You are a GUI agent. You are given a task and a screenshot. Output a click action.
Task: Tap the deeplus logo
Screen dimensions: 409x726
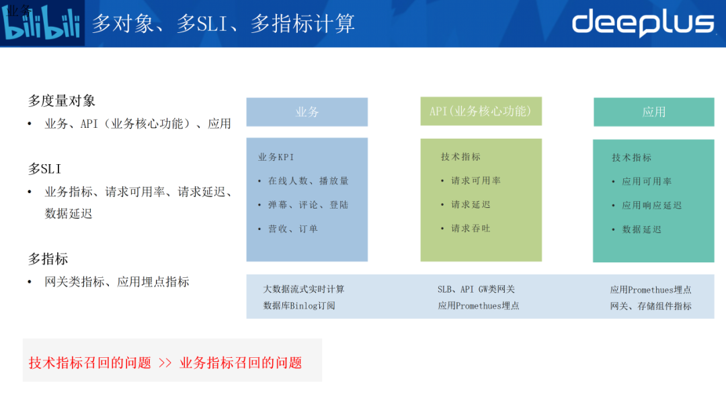(x=642, y=23)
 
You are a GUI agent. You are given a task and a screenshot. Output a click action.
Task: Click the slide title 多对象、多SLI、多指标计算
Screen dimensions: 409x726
(x=223, y=24)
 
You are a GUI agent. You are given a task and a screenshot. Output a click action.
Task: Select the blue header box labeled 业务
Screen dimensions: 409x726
(x=307, y=112)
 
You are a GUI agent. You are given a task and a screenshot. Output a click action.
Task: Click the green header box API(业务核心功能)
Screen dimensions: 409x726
(x=481, y=111)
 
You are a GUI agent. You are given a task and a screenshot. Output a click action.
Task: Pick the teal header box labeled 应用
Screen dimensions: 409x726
(x=653, y=112)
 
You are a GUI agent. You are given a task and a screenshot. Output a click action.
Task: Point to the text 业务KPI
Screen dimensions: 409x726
(x=276, y=157)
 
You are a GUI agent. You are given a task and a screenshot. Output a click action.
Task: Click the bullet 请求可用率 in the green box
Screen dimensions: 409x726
(x=475, y=180)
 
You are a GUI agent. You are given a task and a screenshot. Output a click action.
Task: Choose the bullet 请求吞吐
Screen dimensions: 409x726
(x=471, y=228)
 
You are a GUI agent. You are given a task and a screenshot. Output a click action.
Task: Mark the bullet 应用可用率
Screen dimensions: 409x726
(x=647, y=181)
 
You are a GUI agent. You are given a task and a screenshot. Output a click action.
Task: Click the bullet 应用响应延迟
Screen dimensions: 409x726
(x=651, y=205)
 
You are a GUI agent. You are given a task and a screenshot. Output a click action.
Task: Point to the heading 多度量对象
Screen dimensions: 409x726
(x=62, y=101)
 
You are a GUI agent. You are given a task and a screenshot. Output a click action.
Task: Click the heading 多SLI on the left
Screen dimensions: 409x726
(x=44, y=169)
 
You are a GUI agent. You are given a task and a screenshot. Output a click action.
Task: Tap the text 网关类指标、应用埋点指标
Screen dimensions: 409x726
(x=117, y=282)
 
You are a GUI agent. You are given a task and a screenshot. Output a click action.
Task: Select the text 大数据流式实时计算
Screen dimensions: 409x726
(x=304, y=289)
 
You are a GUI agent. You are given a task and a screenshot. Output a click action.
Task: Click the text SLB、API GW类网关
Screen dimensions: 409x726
(x=476, y=289)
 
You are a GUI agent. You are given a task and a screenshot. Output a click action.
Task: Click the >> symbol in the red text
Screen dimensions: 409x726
(x=165, y=363)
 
